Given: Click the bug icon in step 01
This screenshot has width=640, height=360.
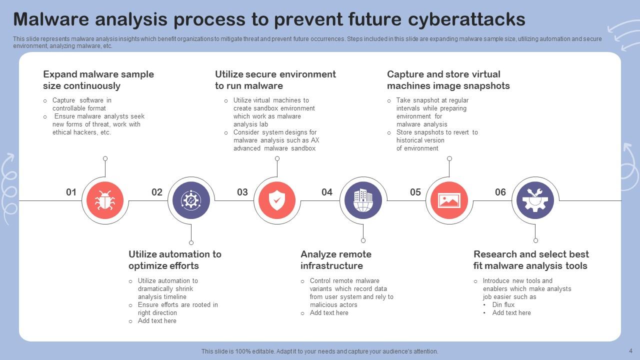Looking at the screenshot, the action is (105, 200).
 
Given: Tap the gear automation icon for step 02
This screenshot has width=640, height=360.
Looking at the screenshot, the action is (191, 200).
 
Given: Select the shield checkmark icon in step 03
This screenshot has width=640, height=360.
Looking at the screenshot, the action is (277, 200).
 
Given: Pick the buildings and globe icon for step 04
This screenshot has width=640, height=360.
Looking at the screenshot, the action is (363, 200).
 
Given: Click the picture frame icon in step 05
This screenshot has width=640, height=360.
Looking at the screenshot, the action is (449, 200).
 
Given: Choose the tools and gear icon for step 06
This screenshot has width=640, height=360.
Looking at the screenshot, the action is (535, 200).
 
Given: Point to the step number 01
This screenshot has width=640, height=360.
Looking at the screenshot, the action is (71, 192).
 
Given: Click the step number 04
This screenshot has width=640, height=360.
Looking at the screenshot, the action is (327, 192).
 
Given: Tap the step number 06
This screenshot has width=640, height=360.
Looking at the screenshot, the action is (500, 192).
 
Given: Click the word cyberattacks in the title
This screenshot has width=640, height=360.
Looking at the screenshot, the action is (466, 19).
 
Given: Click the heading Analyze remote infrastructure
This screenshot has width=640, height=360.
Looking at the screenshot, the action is (336, 260).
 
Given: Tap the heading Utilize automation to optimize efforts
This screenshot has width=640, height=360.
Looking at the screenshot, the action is (175, 260).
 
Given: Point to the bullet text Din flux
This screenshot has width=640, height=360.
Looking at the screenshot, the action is (503, 304).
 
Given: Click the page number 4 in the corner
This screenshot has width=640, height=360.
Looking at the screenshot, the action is (630, 350).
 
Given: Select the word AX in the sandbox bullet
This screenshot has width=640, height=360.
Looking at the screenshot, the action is (315, 140).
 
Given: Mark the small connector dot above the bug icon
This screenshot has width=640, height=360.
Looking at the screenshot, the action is (105, 158).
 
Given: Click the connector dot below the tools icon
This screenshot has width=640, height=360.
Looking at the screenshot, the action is (535, 240).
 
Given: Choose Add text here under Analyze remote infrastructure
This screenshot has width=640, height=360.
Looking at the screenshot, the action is (329, 313).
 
